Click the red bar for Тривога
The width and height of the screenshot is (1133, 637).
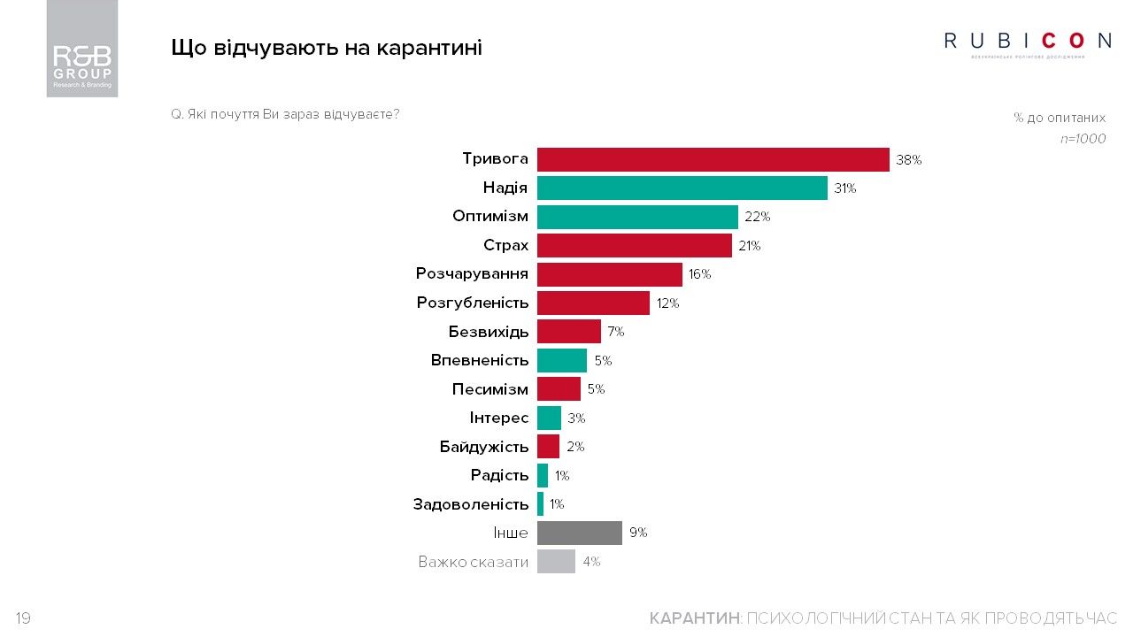(x=713, y=159)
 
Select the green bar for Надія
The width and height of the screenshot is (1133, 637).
(x=682, y=188)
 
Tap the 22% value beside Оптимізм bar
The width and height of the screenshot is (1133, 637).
(x=758, y=217)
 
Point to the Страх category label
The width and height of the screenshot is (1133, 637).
(x=505, y=245)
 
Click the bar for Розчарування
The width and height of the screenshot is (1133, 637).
(x=609, y=274)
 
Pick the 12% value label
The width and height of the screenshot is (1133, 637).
(x=667, y=303)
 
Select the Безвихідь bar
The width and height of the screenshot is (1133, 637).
(x=568, y=332)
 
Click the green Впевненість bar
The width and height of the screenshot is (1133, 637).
(x=561, y=360)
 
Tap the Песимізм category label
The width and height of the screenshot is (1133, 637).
(x=489, y=389)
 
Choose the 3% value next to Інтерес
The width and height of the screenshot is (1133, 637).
(x=576, y=418)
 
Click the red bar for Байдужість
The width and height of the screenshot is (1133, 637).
(x=548, y=447)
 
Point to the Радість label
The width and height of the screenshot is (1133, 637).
(x=499, y=475)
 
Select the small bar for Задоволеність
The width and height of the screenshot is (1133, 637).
(x=540, y=504)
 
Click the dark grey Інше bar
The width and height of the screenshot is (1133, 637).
(x=579, y=533)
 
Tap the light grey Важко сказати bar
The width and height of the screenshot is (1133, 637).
(x=556, y=562)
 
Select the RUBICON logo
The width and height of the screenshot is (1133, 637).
(x=1028, y=42)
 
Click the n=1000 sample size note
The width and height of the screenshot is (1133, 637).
(x=1083, y=139)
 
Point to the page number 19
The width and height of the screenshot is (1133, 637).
(x=23, y=618)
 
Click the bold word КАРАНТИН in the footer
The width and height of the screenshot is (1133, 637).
(x=694, y=618)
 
